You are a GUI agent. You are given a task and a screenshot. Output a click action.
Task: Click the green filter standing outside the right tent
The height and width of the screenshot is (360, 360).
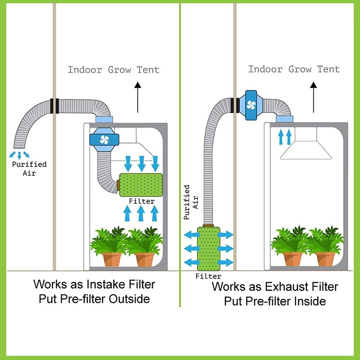(209, 248)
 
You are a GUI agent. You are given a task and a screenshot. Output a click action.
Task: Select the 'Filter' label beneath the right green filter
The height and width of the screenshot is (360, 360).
(208, 276)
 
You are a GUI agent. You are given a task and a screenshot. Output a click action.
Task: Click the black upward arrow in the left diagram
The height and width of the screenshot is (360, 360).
(138, 97)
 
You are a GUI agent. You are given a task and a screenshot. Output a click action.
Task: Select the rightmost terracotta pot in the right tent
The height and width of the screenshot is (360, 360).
(325, 259)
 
